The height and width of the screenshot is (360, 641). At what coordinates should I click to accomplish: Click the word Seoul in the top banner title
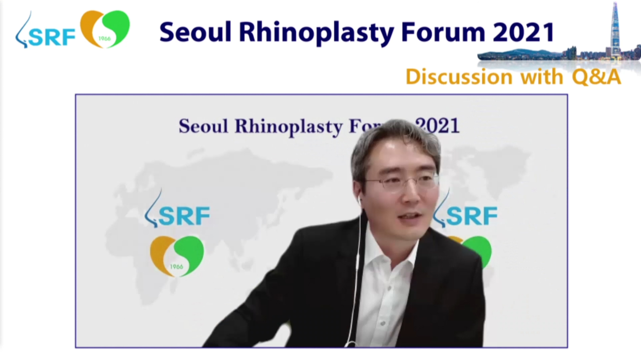pyautogui.click(x=195, y=32)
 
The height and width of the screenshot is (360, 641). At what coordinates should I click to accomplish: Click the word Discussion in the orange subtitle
pyautogui.click(x=459, y=77)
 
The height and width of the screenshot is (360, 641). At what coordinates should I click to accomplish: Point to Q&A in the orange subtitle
pyautogui.click(x=596, y=77)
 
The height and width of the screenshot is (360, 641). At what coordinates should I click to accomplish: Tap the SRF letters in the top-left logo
pyautogui.click(x=52, y=38)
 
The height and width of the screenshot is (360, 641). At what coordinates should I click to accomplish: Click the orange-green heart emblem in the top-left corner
pyautogui.click(x=105, y=29)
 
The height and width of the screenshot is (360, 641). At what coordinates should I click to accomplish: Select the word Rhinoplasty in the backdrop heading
pyautogui.click(x=289, y=126)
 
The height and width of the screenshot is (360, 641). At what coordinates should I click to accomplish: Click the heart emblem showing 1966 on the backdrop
pyautogui.click(x=177, y=256)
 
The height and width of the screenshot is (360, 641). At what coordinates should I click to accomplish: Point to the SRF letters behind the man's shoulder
pyautogui.click(x=472, y=216)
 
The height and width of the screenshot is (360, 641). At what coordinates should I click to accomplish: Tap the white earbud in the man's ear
pyautogui.click(x=359, y=200)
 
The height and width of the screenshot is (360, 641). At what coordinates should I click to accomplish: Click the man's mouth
pyautogui.click(x=411, y=216)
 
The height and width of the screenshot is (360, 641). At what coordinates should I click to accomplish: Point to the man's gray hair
pyautogui.click(x=395, y=143)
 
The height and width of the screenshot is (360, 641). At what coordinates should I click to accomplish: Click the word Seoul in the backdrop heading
pyautogui.click(x=204, y=126)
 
